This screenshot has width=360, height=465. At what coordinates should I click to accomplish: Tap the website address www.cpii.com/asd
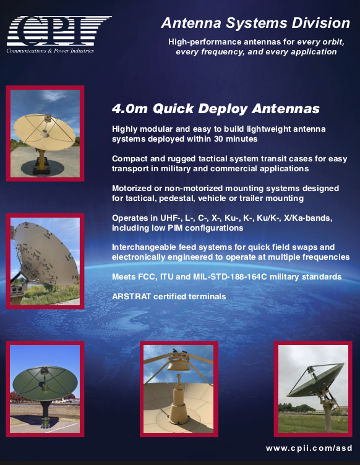point(309,448)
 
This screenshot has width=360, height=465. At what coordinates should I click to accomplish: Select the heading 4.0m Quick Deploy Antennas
point(216,109)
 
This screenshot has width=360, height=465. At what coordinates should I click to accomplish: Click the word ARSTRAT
point(131,297)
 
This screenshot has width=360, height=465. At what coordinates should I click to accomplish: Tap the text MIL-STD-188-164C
point(230,276)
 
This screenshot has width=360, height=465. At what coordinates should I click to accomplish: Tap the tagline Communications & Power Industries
point(50,51)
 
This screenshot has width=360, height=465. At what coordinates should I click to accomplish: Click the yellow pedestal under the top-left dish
point(41,158)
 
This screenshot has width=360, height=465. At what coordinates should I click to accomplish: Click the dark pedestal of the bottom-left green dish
point(45,413)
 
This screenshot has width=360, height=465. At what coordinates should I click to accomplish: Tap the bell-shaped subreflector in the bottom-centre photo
point(178,364)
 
